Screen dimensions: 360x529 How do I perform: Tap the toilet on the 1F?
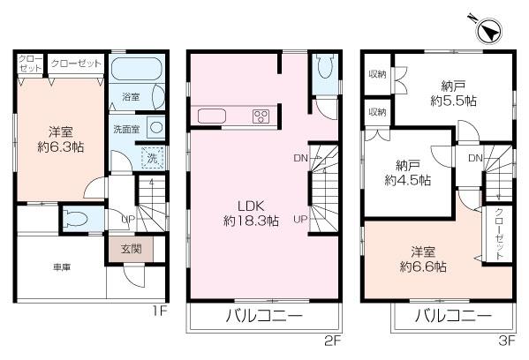[74, 218]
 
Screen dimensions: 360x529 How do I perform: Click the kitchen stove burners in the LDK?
[261, 116]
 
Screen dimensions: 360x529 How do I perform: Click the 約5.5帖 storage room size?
[454, 101]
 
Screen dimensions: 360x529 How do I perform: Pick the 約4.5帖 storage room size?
[408, 180]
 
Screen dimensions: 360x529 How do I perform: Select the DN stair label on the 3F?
[475, 159]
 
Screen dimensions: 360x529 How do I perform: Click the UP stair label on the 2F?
[300, 220]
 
